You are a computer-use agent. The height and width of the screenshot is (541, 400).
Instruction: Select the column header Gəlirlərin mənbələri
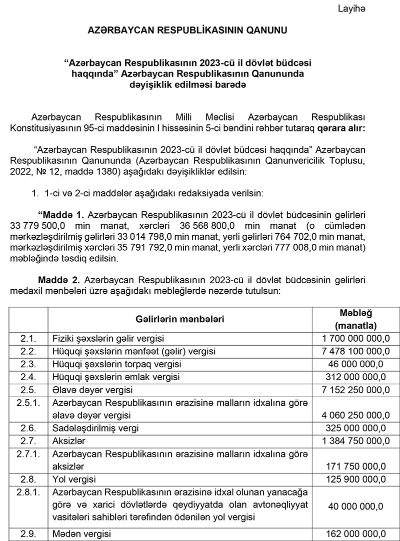pos(179,318)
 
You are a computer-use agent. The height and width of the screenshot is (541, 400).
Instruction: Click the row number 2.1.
pos(28,339)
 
